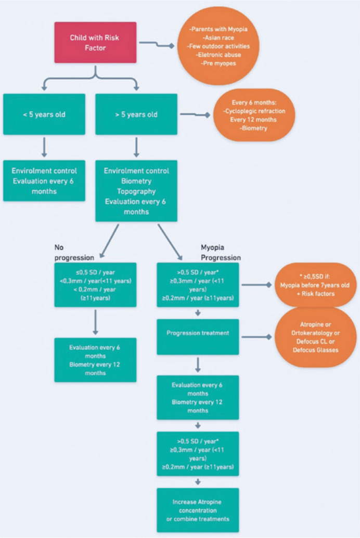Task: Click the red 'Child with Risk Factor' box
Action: point(95,43)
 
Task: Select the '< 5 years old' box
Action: point(44,114)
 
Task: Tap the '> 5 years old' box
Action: point(136,114)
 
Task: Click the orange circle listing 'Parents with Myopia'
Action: point(218,46)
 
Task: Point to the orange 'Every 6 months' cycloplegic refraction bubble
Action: point(254,115)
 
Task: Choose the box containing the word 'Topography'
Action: point(136,191)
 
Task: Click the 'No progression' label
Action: point(74,253)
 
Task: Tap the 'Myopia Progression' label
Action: point(221,253)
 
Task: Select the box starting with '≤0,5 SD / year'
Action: point(95,285)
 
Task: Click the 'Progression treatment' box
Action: point(198,337)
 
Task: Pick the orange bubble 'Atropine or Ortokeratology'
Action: point(315,337)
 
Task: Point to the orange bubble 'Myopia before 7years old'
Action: point(315,285)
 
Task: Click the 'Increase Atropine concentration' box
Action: point(198,510)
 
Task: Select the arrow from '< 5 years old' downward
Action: point(44,148)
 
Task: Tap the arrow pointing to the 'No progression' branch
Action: point(109,241)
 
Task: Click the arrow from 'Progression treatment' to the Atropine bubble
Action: point(256,337)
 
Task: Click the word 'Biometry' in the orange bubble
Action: point(254,128)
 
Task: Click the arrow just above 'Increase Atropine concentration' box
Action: point(198,482)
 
